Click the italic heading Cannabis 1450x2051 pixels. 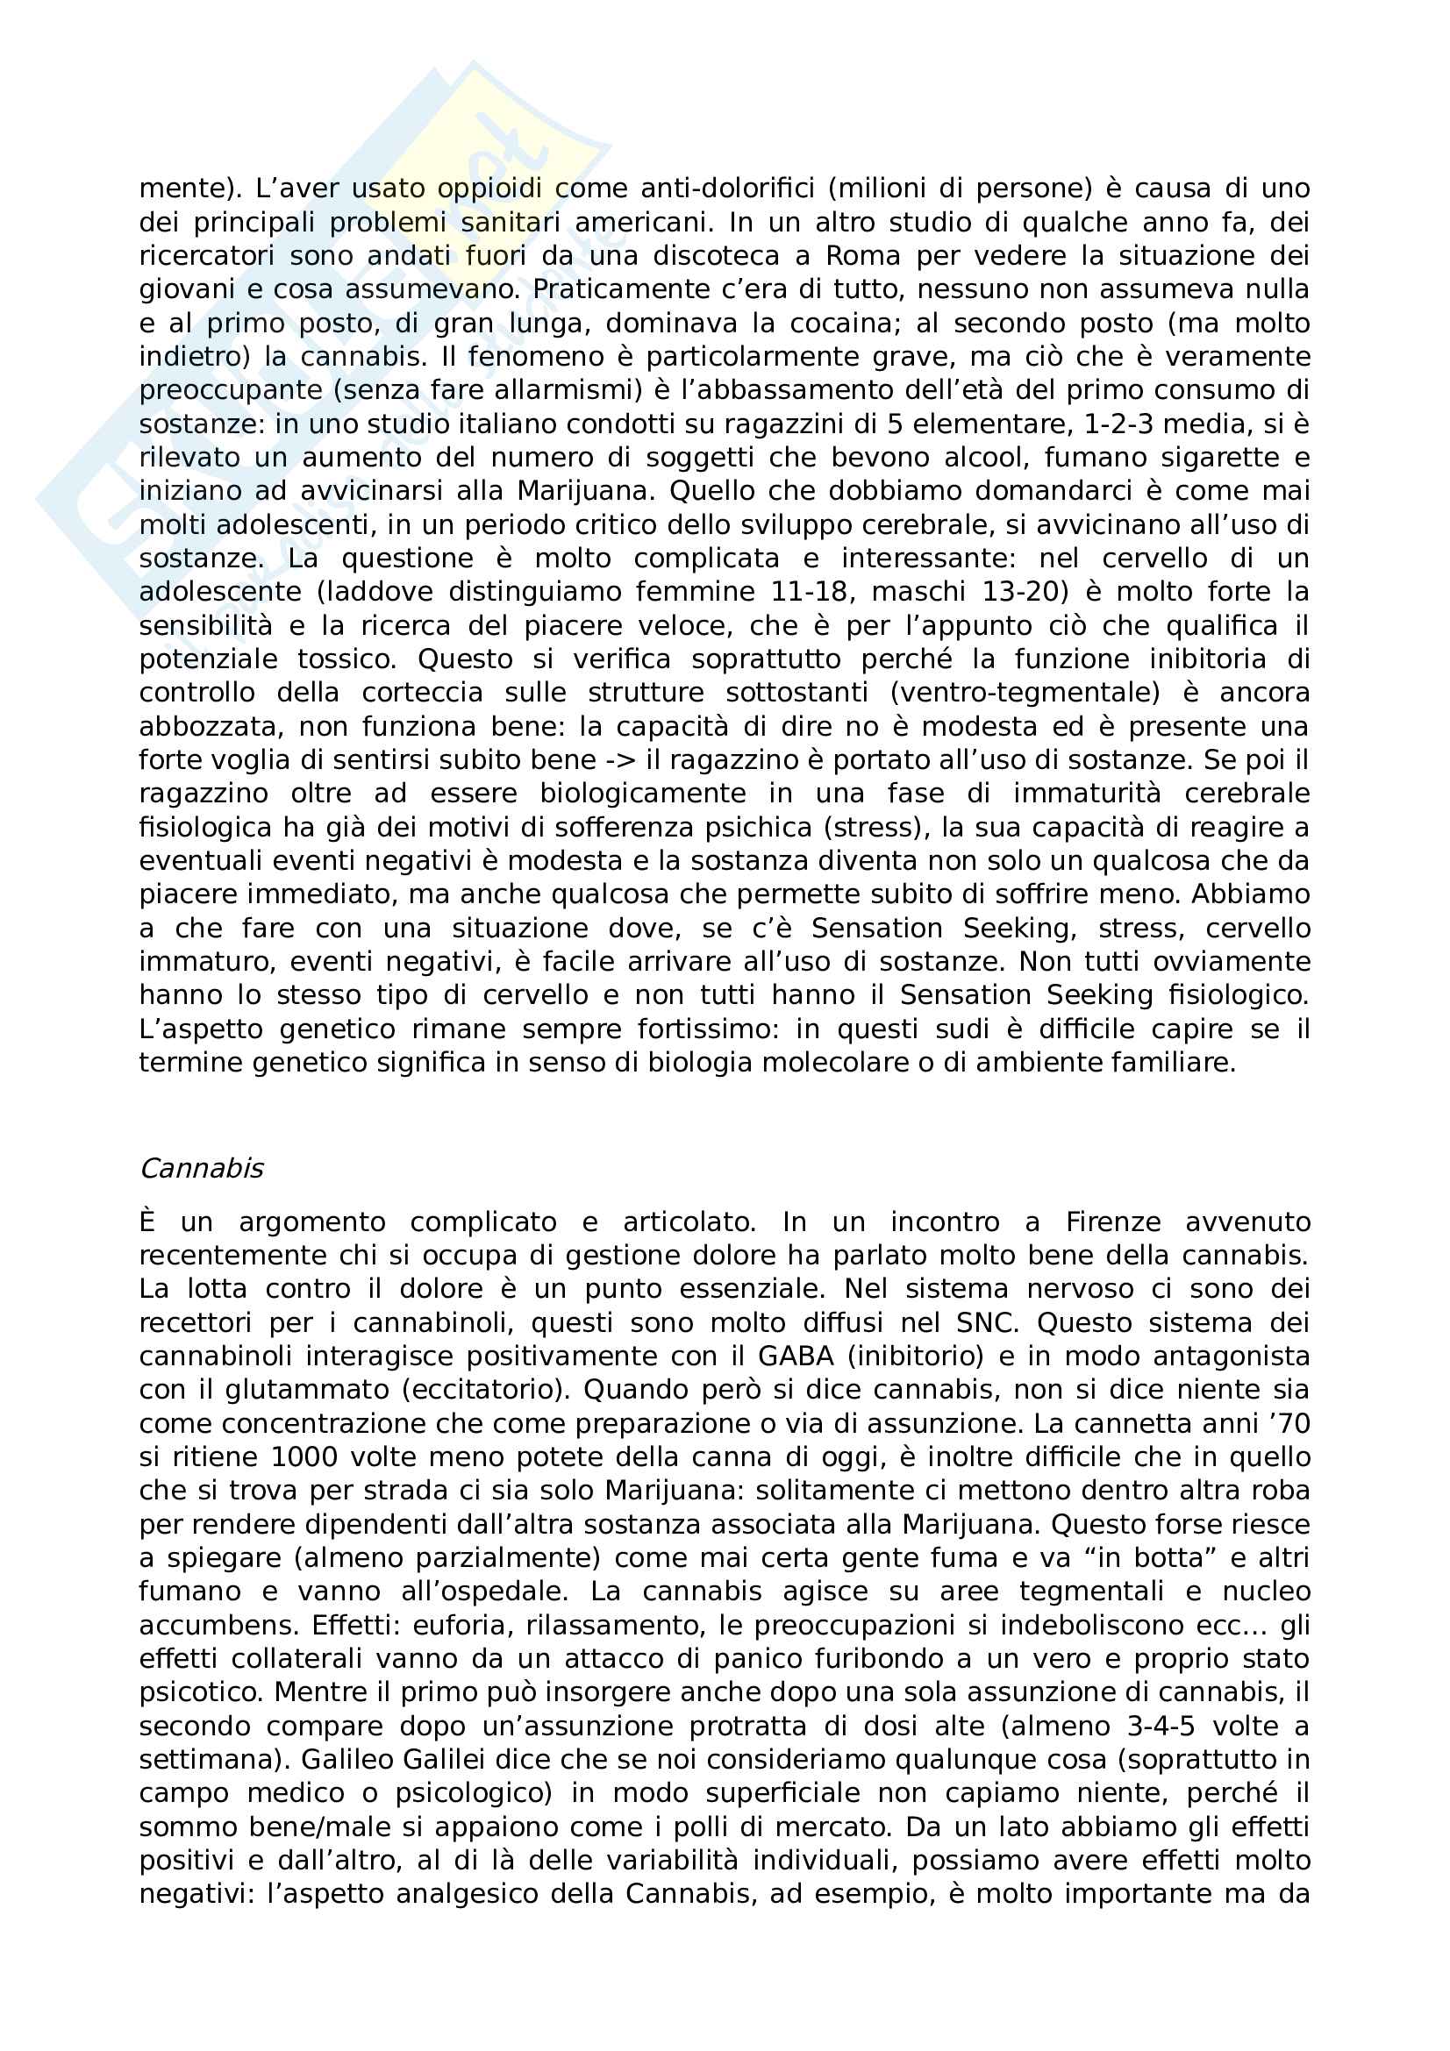click(x=201, y=1168)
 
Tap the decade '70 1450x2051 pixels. click(x=1287, y=1423)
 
